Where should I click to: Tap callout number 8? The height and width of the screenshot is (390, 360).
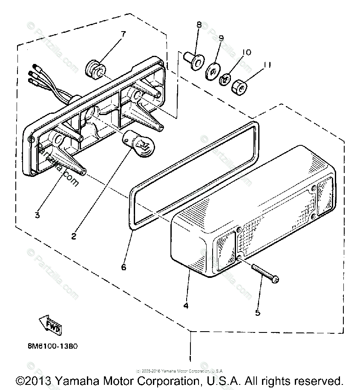199,25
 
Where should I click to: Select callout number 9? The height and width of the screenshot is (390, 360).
221,38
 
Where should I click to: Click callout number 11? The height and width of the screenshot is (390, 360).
267,65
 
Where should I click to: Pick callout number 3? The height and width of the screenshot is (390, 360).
37,215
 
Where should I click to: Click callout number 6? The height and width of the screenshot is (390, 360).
124,267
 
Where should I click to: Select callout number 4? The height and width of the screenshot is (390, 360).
186,306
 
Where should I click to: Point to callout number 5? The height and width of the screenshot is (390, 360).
257,312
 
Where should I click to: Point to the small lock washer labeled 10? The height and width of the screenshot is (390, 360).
225,79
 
